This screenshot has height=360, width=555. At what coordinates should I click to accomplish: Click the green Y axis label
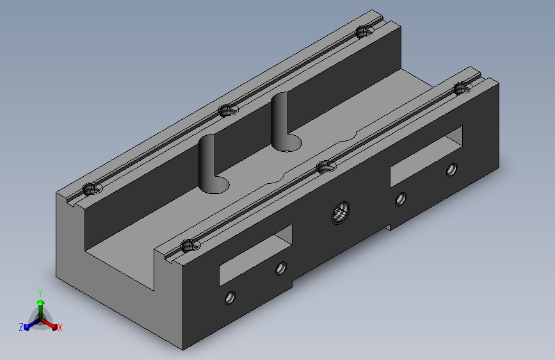coord(40,293)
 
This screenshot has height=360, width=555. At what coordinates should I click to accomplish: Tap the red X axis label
coord(60,328)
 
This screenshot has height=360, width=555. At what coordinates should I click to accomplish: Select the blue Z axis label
coord(21,327)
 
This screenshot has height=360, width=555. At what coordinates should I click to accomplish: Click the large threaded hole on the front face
coord(341,212)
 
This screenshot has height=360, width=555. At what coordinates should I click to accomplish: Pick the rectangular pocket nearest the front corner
coord(255,255)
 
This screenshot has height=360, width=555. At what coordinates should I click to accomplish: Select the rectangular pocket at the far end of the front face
coord(426,156)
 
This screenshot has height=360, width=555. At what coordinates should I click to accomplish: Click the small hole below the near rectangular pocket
coord(230,298)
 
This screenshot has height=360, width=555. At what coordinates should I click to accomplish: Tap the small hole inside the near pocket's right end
coord(281,268)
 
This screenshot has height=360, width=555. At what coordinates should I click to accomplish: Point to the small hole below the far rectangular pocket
coord(400,199)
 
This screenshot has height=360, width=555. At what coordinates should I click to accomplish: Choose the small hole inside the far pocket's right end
coord(451,170)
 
